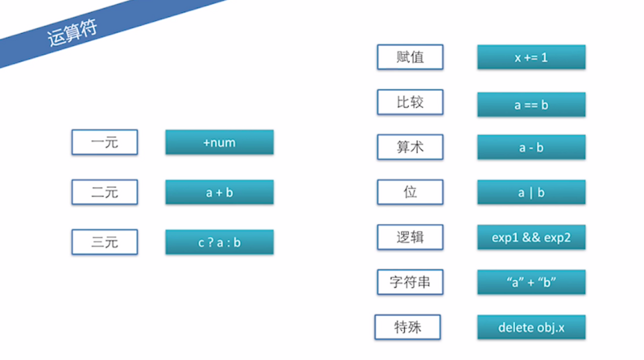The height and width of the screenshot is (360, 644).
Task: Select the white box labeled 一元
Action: [105, 143]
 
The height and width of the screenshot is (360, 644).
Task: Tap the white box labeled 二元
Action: [105, 192]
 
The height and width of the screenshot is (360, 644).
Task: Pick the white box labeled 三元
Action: [105, 242]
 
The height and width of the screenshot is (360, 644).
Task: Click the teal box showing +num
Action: [219, 143]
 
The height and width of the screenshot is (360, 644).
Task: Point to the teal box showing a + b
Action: [219, 192]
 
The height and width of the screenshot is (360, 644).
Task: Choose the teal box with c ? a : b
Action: [219, 242]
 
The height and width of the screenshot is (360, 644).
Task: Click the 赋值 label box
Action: [411, 57]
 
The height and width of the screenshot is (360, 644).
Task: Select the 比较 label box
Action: [411, 102]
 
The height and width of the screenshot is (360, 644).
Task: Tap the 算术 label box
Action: [411, 147]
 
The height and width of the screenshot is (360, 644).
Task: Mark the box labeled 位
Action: [411, 192]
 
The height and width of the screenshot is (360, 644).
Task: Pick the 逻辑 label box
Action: [411, 237]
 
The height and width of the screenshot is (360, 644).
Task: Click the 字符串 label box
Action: [411, 282]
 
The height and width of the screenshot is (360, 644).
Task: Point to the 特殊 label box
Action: [409, 327]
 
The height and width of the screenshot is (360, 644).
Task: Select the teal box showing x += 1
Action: [530, 57]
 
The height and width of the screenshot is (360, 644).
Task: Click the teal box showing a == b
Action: [530, 104]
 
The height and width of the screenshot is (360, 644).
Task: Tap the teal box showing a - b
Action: [530, 147]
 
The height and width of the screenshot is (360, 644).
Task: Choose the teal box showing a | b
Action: [530, 192]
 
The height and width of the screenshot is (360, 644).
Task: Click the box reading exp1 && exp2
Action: [530, 237]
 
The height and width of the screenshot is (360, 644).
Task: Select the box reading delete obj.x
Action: [530, 327]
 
